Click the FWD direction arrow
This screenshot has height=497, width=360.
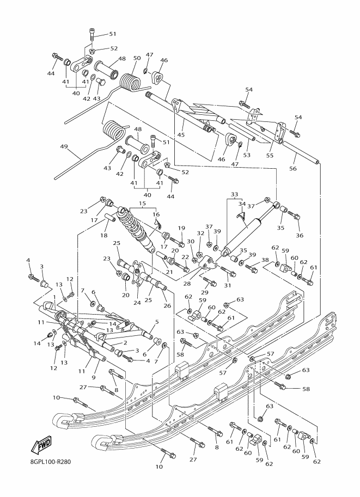pyautogui.click(x=41, y=446)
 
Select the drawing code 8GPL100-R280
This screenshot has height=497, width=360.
pyautogui.click(x=48, y=463)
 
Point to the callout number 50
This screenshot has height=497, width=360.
pyautogui.click(x=136, y=58)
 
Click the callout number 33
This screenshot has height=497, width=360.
pyautogui.click(x=234, y=194)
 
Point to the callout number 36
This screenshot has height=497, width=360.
pyautogui.click(x=300, y=235)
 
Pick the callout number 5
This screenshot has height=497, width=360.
pyautogui.click(x=156, y=322)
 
